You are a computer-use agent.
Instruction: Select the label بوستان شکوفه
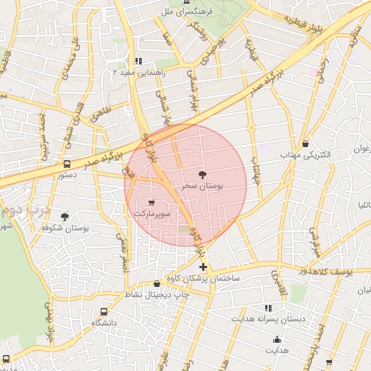coord(64,228)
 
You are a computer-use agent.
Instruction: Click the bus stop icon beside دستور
coord(67,164)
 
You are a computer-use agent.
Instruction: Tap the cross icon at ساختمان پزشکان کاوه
coord(202,267)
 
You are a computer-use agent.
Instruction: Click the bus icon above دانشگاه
coord(104,311)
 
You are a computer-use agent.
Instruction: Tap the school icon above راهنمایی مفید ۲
coord(138,62)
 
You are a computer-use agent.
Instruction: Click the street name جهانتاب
coord(256,169)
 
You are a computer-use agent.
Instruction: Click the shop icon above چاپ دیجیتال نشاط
coord(157,283)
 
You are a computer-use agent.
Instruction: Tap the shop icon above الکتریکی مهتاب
coord(305,143)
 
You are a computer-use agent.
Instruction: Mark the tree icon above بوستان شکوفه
coord(64,217)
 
